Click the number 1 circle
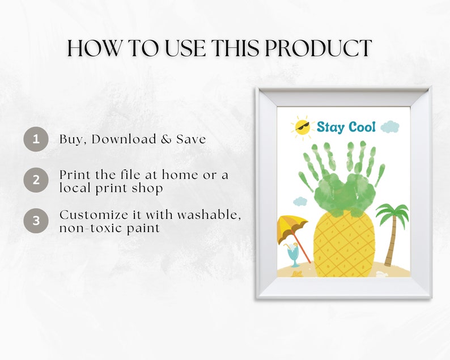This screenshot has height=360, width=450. pyautogui.click(x=36, y=139)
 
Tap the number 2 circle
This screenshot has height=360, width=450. pyautogui.click(x=36, y=180)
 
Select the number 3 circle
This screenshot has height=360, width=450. pyautogui.click(x=36, y=220)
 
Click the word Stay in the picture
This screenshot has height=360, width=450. pyautogui.click(x=330, y=127)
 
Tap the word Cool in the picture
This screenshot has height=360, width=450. pyautogui.click(x=362, y=127)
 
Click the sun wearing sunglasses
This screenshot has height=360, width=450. pyautogui.click(x=302, y=128)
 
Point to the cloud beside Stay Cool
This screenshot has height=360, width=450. pyautogui.click(x=390, y=126)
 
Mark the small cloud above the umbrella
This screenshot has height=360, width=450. pyautogui.click(x=300, y=201)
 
